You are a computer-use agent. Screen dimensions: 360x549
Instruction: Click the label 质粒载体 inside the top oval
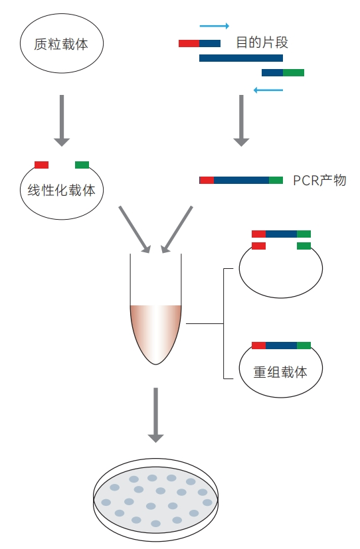pyautogui.click(x=61, y=44)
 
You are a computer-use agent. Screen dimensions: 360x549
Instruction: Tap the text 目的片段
pyautogui.click(x=262, y=42)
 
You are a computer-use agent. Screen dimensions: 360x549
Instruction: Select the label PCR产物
pyautogui.click(x=319, y=181)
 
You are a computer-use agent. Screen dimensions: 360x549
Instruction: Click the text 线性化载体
pyautogui.click(x=61, y=190)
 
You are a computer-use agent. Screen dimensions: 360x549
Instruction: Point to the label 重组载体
pyautogui.click(x=280, y=372)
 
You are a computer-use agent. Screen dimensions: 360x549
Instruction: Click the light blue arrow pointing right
pyautogui.click(x=215, y=26)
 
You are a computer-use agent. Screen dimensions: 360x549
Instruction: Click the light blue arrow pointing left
pyautogui.click(x=268, y=90)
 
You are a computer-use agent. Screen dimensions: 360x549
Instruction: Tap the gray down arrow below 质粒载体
pyautogui.click(x=62, y=120)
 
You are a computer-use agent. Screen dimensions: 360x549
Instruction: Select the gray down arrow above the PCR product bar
pyautogui.click(x=241, y=120)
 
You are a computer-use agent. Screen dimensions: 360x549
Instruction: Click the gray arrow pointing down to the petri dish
pyautogui.click(x=156, y=415)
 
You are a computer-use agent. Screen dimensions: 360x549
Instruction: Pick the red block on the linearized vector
pyautogui.click(x=41, y=165)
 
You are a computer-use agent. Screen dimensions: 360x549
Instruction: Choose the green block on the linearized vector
pyautogui.click(x=82, y=165)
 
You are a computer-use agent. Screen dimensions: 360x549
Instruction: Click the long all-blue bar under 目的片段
pyautogui.click(x=241, y=58)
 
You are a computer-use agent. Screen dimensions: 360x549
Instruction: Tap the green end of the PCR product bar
pyautogui.click(x=276, y=181)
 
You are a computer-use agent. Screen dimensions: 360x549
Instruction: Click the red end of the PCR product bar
pyautogui.click(x=207, y=181)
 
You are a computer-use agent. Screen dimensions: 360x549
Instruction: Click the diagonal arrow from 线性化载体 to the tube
pyautogui.click(x=134, y=229)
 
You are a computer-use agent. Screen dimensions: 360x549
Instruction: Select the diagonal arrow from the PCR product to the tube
pyautogui.click(x=177, y=229)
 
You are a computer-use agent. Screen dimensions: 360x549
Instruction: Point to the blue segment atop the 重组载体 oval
pyautogui.click(x=281, y=346)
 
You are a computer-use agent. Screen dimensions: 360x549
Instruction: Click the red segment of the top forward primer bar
pyautogui.click(x=189, y=43)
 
